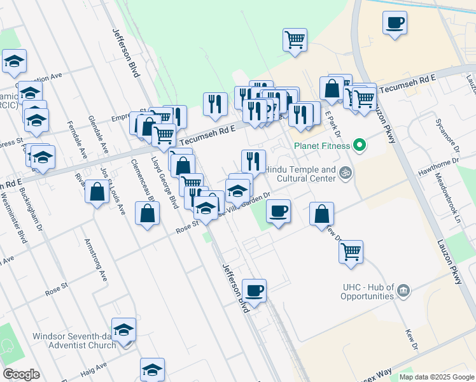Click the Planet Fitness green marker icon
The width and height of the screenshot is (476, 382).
click(x=360, y=146)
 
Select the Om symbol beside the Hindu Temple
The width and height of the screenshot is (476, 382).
click(x=346, y=173)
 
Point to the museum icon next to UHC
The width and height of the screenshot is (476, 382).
click(x=403, y=292)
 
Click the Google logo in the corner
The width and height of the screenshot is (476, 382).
click(x=21, y=374)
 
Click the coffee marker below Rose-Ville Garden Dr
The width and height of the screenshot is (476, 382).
click(x=277, y=211)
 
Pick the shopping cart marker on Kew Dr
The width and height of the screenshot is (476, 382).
click(x=351, y=252)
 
